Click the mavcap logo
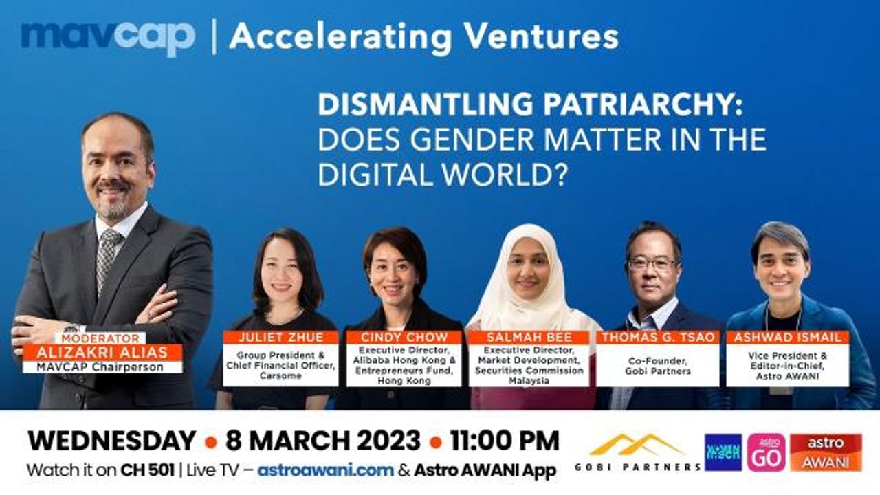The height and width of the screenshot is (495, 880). point(108,38)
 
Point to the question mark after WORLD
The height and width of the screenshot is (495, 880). point(562,175)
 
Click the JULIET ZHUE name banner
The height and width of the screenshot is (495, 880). point(280,337)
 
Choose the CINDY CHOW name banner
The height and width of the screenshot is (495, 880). point(404,337)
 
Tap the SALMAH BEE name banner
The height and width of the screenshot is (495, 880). point(529,337)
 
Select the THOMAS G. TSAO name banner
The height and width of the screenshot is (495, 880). point(658,337)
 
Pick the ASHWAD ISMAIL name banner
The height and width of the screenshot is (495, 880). point(787,337)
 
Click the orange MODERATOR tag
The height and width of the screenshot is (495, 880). point(100,338)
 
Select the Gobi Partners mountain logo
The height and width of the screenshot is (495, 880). point(637,445)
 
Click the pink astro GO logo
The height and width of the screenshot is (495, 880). point(766,452)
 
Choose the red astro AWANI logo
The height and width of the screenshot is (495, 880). point(826,452)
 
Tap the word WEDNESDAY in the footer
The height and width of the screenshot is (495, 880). point(112,441)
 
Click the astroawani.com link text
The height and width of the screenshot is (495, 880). point(326,470)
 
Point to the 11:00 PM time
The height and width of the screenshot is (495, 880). point(505,441)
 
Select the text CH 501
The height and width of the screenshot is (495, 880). point(147,470)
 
